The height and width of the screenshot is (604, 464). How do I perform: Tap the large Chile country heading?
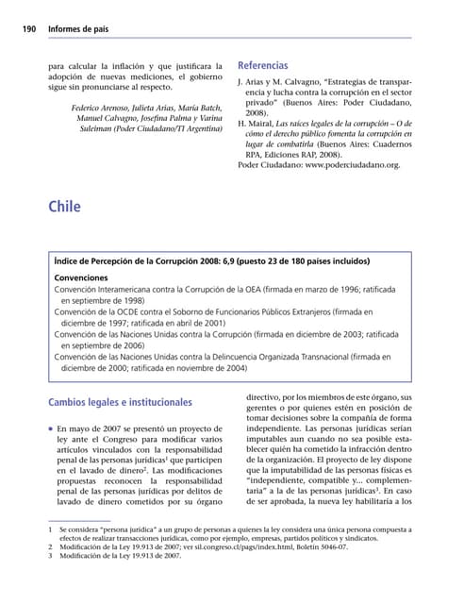click(64, 207)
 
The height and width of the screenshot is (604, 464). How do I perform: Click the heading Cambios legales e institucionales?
click(120, 403)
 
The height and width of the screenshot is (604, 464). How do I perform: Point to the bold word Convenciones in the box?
click(81, 278)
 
